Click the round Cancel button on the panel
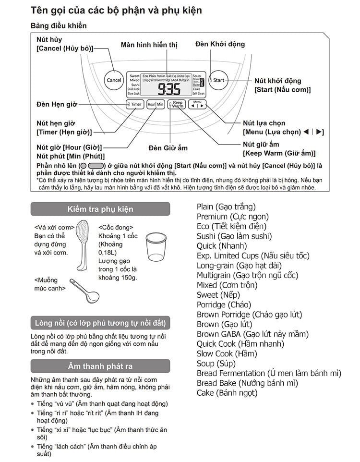click(114, 80)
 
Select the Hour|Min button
click(156, 104)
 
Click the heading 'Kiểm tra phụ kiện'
click(100, 209)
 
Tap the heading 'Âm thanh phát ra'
click(100, 366)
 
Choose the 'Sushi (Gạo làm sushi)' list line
click(234, 236)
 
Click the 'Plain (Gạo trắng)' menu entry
click(226, 207)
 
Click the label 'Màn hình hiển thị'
click(149, 45)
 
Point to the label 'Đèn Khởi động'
click(220, 44)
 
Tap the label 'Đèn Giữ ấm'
click(168, 148)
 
